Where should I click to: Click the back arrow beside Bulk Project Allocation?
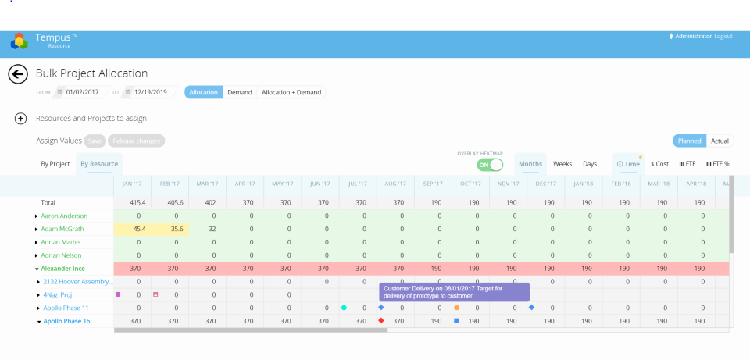[18, 74]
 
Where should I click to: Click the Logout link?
[723, 36]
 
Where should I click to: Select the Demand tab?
[239, 92]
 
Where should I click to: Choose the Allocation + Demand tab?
[291, 92]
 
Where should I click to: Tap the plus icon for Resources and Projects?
[21, 119]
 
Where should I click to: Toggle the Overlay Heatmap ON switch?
[490, 165]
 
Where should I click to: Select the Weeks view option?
[562, 164]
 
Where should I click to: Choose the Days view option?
[590, 164]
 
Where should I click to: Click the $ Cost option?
[660, 164]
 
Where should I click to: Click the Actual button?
[720, 141]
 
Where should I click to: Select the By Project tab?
[55, 164]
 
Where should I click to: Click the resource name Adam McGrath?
[62, 229]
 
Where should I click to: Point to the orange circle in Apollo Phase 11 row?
[456, 308]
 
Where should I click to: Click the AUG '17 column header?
[395, 184]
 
